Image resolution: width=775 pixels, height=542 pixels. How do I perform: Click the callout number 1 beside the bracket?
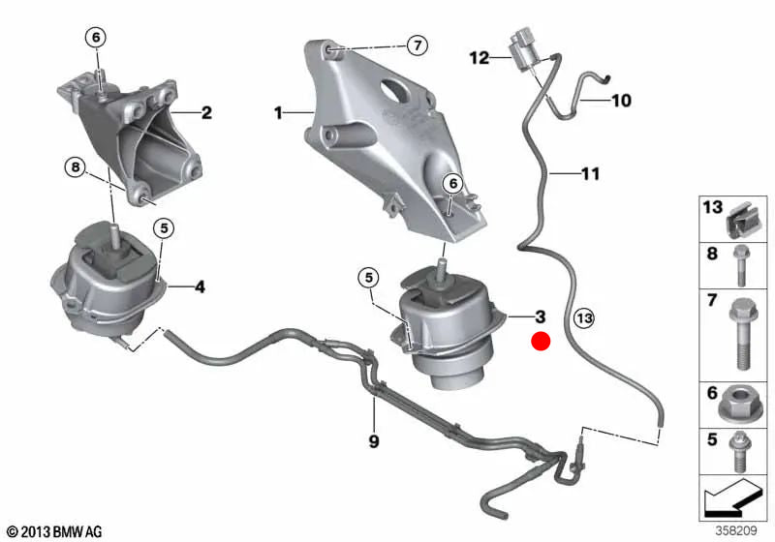pos(278,113)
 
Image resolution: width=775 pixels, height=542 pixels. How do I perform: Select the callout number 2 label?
pos(206,113)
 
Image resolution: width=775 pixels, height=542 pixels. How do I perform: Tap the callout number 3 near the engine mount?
pos(540,316)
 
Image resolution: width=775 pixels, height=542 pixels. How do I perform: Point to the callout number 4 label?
pos(200,286)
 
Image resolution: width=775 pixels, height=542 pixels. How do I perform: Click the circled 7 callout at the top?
pos(416,45)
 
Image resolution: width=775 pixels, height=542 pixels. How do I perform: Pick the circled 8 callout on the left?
pos(77,167)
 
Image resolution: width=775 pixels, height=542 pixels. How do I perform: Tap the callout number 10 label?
pos(620,100)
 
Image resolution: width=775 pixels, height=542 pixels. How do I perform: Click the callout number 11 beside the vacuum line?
pos(590,175)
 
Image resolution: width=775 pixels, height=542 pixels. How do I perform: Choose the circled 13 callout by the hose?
pos(582,316)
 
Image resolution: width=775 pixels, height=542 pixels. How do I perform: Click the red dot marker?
pos(540,341)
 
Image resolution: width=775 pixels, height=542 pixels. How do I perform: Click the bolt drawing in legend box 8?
pos(741,263)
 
